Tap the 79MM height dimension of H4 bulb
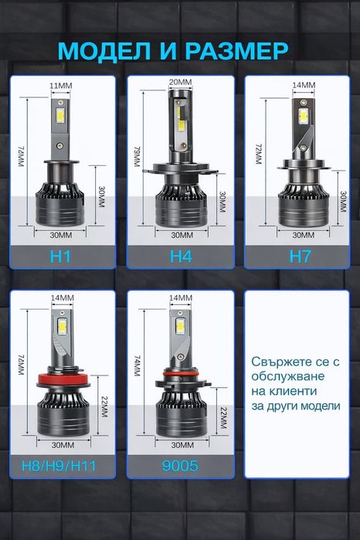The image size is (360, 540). (138, 161)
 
